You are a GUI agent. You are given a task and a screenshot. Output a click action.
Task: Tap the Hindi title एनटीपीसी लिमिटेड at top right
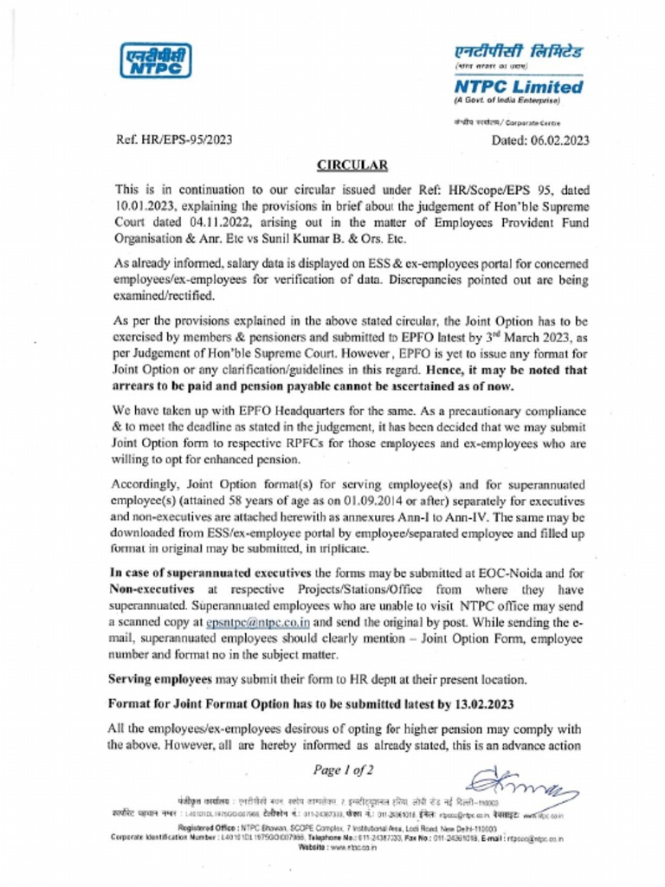518,51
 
